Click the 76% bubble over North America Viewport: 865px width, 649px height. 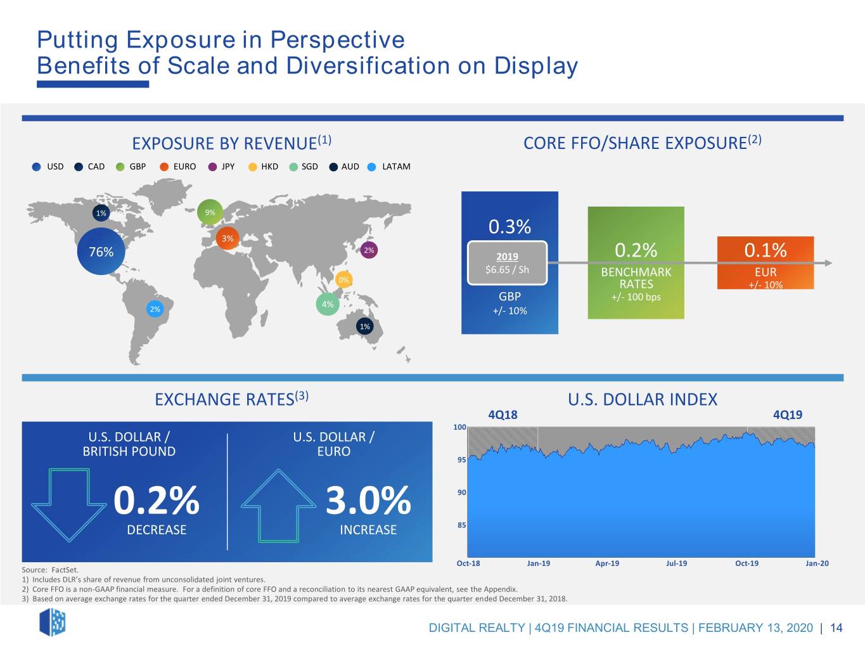point(101,252)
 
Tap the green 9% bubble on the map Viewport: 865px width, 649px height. point(210,212)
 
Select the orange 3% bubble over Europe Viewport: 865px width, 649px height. point(227,238)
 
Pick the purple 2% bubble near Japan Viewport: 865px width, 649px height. point(369,250)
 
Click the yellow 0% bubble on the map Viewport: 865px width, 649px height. point(343,280)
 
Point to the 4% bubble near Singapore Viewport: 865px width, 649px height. point(328,304)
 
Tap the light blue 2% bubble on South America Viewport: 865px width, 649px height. point(155,309)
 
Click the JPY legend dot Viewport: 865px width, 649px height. point(212,167)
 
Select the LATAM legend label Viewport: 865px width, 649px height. point(396,166)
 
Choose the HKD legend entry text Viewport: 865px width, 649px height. point(269,166)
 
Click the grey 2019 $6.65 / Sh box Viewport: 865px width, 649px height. point(507,263)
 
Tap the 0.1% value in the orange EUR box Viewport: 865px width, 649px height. point(766,250)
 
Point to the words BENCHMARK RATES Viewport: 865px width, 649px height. point(636,278)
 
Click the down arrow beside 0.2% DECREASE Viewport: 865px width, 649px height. point(69,504)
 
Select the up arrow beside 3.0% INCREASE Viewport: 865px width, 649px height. point(279,506)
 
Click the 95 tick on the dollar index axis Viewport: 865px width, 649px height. point(461,459)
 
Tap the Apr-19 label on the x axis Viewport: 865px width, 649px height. point(607,563)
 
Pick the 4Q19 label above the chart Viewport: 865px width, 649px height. point(787,414)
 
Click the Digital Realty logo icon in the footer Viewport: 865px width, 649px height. point(53,622)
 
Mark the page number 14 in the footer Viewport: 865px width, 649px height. point(836,627)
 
